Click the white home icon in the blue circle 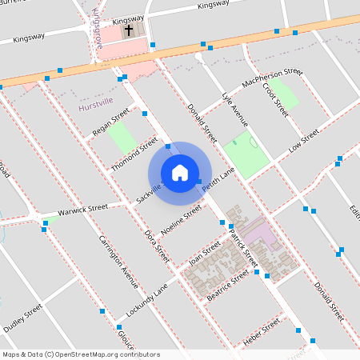[180, 173]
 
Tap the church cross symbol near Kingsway [129, 31]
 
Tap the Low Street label [304, 140]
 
